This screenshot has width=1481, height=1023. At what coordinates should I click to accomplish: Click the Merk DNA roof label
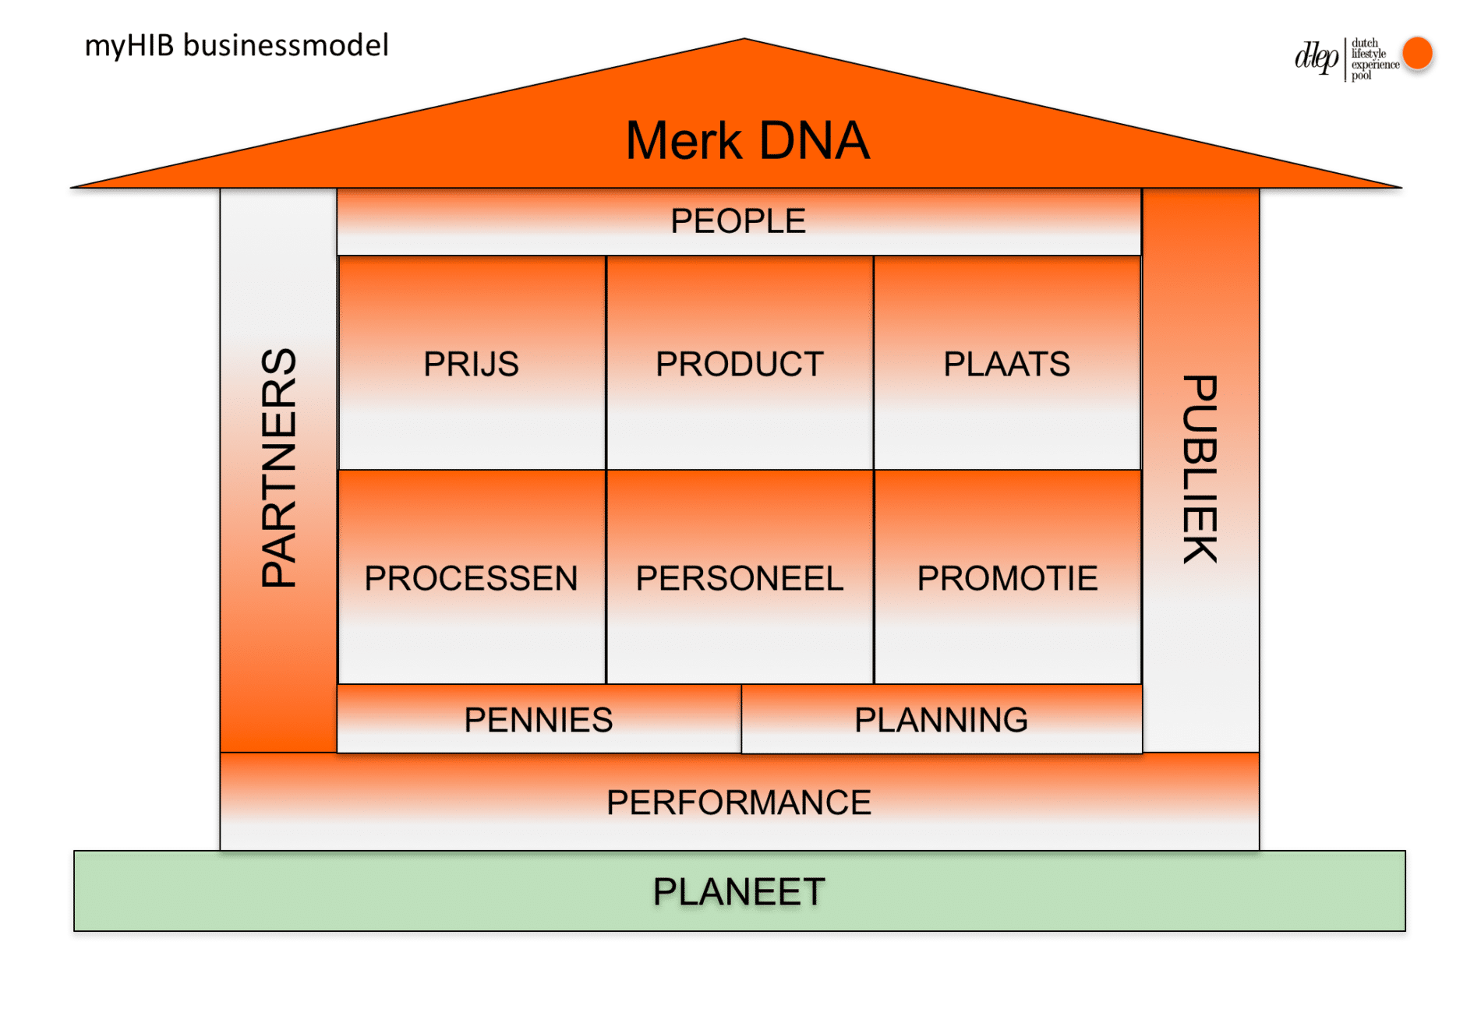click(747, 141)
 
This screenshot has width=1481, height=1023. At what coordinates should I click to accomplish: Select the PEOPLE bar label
click(737, 221)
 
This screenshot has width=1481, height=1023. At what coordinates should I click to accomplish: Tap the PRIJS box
click(471, 364)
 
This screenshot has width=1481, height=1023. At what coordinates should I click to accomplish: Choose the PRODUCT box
click(739, 364)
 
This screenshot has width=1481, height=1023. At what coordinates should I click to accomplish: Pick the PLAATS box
click(1006, 364)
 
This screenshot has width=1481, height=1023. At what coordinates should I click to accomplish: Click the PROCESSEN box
click(471, 578)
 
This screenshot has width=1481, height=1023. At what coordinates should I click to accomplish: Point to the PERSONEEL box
click(739, 578)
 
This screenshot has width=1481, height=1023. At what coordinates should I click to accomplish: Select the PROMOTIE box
click(1007, 578)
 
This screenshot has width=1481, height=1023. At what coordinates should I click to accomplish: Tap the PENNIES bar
click(538, 720)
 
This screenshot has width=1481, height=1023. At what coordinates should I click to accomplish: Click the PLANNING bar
click(941, 720)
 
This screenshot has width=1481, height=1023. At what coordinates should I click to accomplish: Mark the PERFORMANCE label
click(739, 803)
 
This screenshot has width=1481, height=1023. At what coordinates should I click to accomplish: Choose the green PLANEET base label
click(739, 892)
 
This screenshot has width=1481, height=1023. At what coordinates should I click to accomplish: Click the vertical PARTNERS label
click(279, 467)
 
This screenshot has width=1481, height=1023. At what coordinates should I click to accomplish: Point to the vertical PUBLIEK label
click(1200, 469)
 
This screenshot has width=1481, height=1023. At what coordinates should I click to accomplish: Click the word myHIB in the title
click(129, 46)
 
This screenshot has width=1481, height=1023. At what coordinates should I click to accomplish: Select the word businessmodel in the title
click(285, 46)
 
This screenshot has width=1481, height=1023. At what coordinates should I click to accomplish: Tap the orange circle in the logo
click(1417, 54)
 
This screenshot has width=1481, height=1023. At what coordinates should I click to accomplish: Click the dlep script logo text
click(1316, 58)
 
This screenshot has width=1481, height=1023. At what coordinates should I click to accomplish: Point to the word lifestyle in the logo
click(1368, 54)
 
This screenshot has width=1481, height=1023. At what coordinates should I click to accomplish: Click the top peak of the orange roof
click(744, 41)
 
